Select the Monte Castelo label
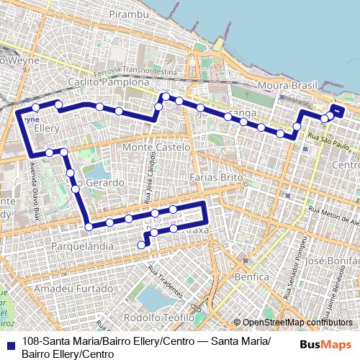156,147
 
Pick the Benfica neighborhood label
248,276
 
